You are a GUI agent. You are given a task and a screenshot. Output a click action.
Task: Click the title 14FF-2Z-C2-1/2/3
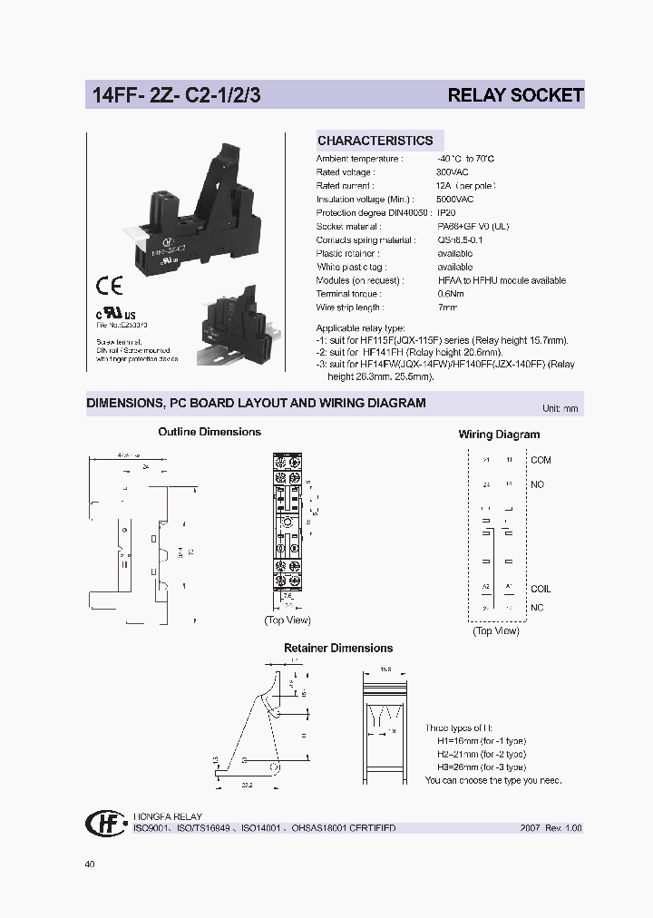(174, 94)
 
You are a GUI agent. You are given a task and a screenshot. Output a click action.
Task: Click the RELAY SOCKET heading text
(515, 94)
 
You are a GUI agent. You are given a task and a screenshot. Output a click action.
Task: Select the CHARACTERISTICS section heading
(375, 141)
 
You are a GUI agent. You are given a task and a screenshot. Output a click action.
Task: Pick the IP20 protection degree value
(446, 213)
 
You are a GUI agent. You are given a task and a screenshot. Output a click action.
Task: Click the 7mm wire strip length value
(448, 308)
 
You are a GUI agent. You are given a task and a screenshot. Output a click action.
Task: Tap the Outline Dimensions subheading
(210, 432)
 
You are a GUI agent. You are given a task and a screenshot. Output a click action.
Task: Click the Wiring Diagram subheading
(499, 435)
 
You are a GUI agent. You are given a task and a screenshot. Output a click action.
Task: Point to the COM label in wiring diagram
(541, 460)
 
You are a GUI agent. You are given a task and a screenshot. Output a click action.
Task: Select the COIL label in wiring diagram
(541, 589)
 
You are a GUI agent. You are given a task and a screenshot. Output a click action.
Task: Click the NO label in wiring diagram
(537, 484)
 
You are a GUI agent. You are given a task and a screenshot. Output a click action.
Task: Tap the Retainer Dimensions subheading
(338, 648)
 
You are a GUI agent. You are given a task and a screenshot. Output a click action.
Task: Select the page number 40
(89, 864)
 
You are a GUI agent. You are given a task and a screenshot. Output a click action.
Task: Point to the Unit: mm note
(560, 409)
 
